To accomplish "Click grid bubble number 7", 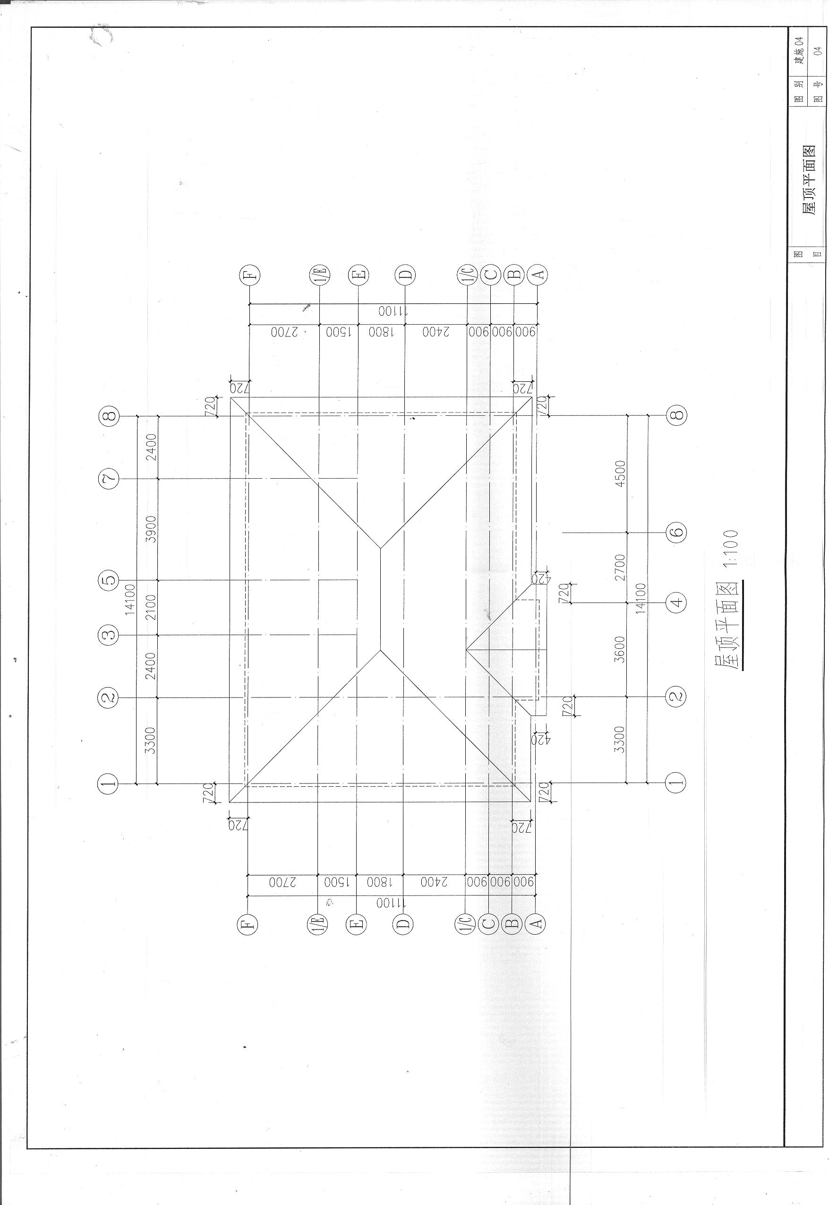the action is tap(109, 478).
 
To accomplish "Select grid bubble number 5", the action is tap(109, 580).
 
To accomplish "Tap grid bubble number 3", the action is tap(109, 635).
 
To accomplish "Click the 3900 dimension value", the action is tap(151, 529).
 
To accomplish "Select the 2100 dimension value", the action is tap(151, 607).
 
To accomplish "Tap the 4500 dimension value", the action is tap(620, 474).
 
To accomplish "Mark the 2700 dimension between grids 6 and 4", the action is tap(620, 568).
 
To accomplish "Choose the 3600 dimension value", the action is tap(620, 650).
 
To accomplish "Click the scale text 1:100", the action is tap(730, 548).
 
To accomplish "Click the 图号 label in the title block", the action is tap(818, 90).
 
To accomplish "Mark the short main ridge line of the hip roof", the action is tap(381, 599).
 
